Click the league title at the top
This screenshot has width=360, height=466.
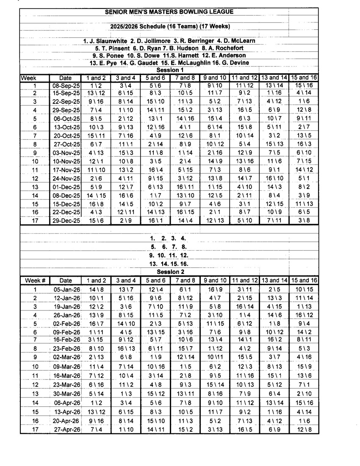point(169,12)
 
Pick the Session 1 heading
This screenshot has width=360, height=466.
point(170,70)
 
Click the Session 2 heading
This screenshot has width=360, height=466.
point(170,272)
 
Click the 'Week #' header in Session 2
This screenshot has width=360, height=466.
point(35,280)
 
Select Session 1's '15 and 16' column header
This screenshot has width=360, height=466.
point(303,78)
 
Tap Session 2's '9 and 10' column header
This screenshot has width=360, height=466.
point(214,280)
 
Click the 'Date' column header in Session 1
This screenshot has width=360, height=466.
point(66,78)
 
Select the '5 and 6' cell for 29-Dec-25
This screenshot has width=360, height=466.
point(155,220)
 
